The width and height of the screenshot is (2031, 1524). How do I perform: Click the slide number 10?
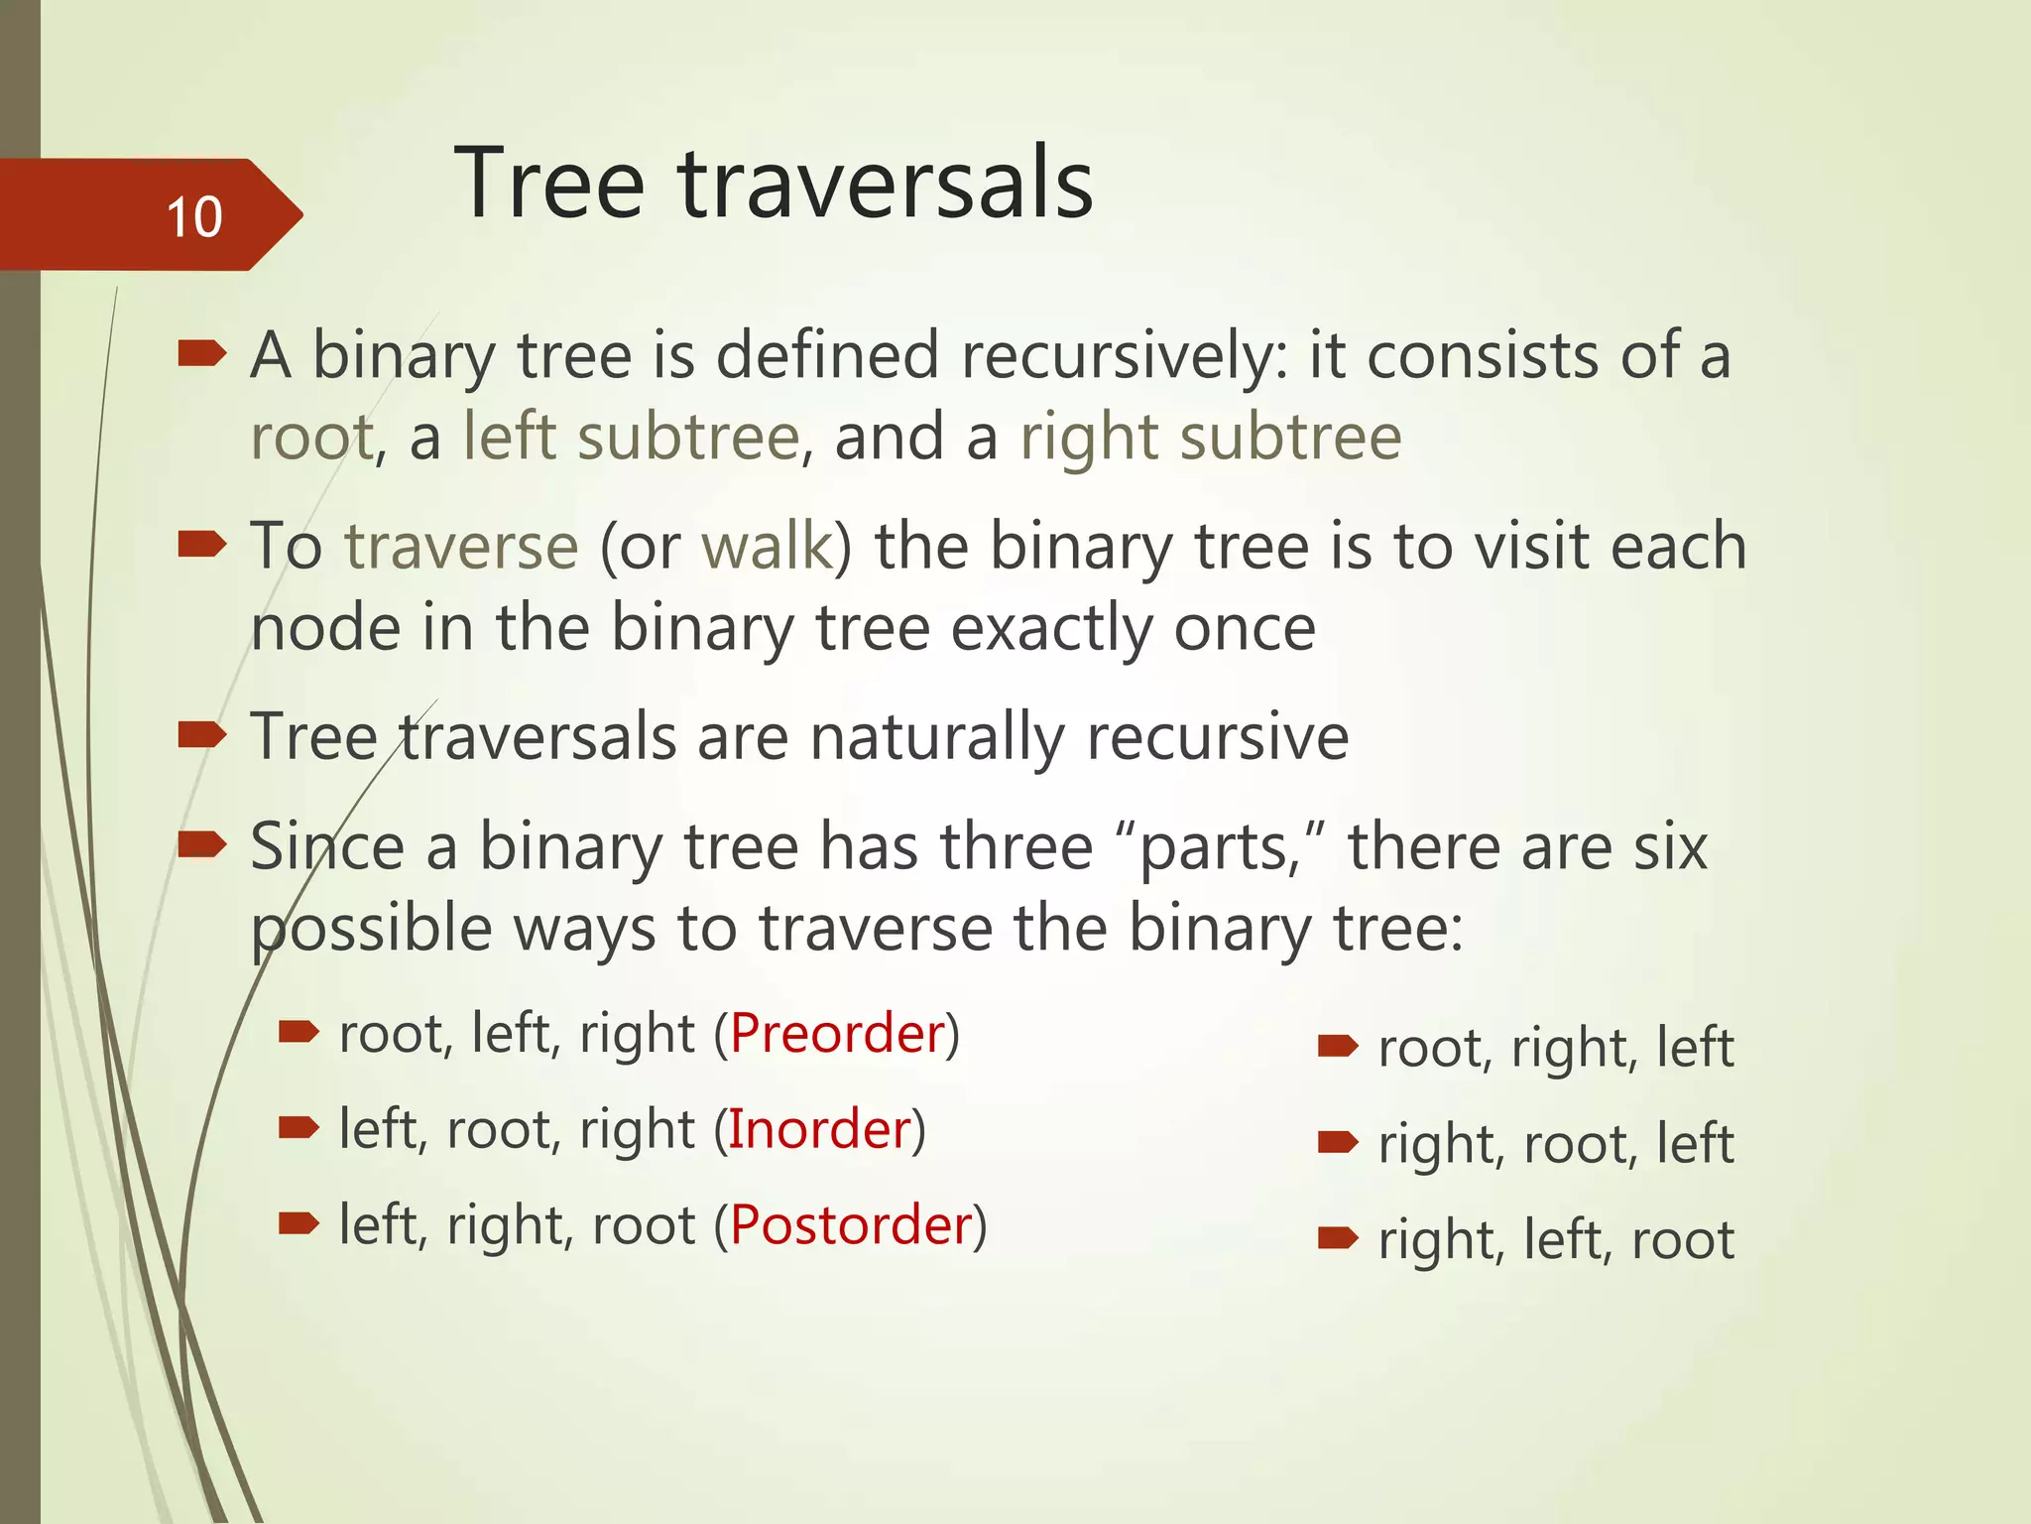click(194, 217)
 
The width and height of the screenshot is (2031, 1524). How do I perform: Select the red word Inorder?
click(820, 1129)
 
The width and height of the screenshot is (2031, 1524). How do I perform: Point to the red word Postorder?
click(851, 1225)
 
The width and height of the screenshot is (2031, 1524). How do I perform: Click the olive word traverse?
click(461, 547)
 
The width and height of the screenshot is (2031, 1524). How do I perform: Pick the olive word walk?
click(768, 547)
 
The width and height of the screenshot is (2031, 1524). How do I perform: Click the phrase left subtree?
click(632, 438)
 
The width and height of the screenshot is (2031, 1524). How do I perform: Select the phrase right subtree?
click(1211, 438)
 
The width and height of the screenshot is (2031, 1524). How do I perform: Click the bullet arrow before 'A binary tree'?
click(202, 353)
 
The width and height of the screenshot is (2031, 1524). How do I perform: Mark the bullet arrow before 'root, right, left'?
click(1337, 1047)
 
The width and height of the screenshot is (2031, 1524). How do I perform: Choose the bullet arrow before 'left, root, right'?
click(299, 1127)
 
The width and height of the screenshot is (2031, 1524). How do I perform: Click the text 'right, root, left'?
click(1556, 1144)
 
